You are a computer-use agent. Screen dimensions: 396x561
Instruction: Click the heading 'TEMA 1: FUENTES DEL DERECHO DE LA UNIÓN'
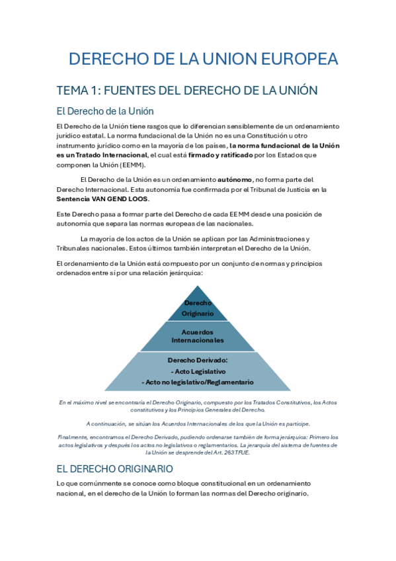pos(187,90)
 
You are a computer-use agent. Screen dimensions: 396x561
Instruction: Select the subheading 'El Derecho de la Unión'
pos(105,111)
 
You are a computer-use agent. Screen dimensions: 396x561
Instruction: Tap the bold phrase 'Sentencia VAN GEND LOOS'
pos(102,198)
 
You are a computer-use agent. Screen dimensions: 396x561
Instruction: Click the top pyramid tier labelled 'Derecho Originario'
pos(198,308)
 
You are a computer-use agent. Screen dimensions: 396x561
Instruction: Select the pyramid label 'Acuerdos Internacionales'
pos(198,335)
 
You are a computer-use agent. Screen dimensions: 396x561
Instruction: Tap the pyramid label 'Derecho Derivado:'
pos(198,361)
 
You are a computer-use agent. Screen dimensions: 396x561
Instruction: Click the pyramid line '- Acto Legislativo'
pos(198,372)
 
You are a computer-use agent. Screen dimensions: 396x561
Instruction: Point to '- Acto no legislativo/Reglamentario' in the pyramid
pos(198,382)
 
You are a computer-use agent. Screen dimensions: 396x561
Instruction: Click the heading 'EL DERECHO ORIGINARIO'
pos(115,468)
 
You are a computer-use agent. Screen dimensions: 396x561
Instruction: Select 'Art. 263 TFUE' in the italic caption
pos(236,453)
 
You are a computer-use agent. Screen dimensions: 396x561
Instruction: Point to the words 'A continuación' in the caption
pos(106,423)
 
